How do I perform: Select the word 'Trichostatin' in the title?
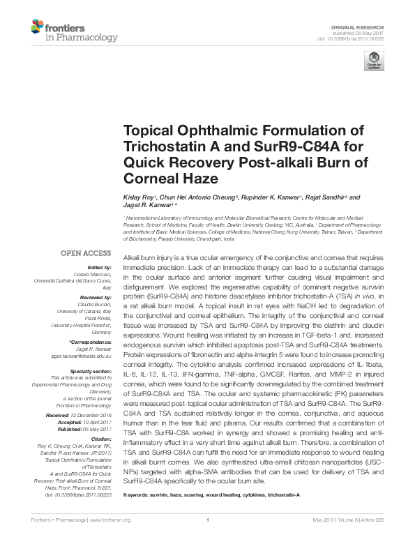160,148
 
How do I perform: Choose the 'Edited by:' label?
98,268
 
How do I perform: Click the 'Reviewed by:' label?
95,294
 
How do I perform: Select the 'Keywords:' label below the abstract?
137,494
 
